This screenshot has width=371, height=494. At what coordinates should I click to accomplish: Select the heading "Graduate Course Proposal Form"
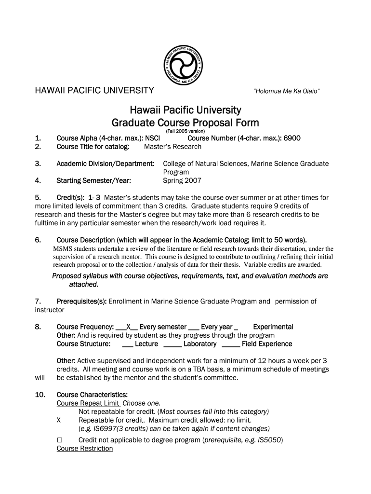click(185, 123)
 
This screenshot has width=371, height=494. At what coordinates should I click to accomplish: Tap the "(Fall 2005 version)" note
click(185, 131)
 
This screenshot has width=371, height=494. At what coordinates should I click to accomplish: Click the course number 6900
click(291, 138)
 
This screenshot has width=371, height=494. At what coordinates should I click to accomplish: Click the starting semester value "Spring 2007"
click(182, 181)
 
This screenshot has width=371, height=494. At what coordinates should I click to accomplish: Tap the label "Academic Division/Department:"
click(105, 164)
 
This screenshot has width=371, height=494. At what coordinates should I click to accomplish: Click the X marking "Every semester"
click(129, 327)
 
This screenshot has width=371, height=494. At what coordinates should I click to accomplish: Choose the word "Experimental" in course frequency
click(273, 327)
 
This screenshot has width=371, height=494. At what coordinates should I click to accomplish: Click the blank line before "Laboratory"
click(172, 344)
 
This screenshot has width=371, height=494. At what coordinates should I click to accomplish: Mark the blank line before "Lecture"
click(128, 344)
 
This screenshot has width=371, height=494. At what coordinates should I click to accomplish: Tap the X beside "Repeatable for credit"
click(59, 420)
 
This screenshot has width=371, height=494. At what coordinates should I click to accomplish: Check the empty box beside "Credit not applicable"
click(60, 440)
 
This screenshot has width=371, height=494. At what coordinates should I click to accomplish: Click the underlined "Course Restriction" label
click(85, 449)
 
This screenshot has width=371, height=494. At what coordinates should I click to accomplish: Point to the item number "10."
click(40, 395)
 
